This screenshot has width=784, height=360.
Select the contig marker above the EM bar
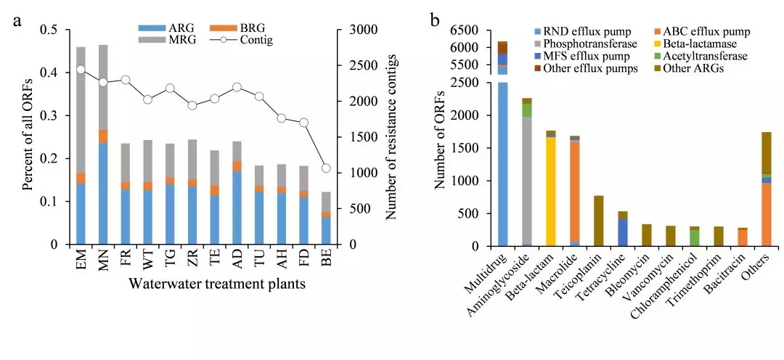(x=81, y=70)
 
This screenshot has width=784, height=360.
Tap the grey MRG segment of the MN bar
(x=103, y=87)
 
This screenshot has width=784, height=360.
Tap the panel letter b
(x=434, y=20)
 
